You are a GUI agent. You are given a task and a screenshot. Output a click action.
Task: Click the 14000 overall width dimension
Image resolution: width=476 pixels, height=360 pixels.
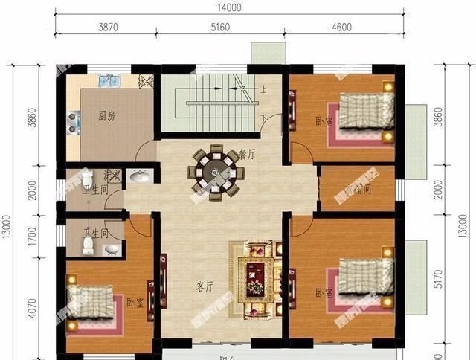tap(228, 7)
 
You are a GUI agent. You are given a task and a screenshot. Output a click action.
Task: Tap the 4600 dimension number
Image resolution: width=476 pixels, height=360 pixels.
tap(341, 28)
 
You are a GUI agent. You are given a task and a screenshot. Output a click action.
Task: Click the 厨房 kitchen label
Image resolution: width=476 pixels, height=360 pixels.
tap(107, 116)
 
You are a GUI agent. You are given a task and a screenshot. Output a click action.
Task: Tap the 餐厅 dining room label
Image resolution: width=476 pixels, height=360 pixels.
tap(247, 155)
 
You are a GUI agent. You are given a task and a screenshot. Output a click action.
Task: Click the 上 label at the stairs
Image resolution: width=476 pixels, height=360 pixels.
tap(263, 89)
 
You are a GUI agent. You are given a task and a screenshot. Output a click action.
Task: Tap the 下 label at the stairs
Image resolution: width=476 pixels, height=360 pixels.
tap(263, 119)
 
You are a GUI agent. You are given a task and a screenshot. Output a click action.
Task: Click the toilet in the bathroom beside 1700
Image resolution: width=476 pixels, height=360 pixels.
tap(88, 244)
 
